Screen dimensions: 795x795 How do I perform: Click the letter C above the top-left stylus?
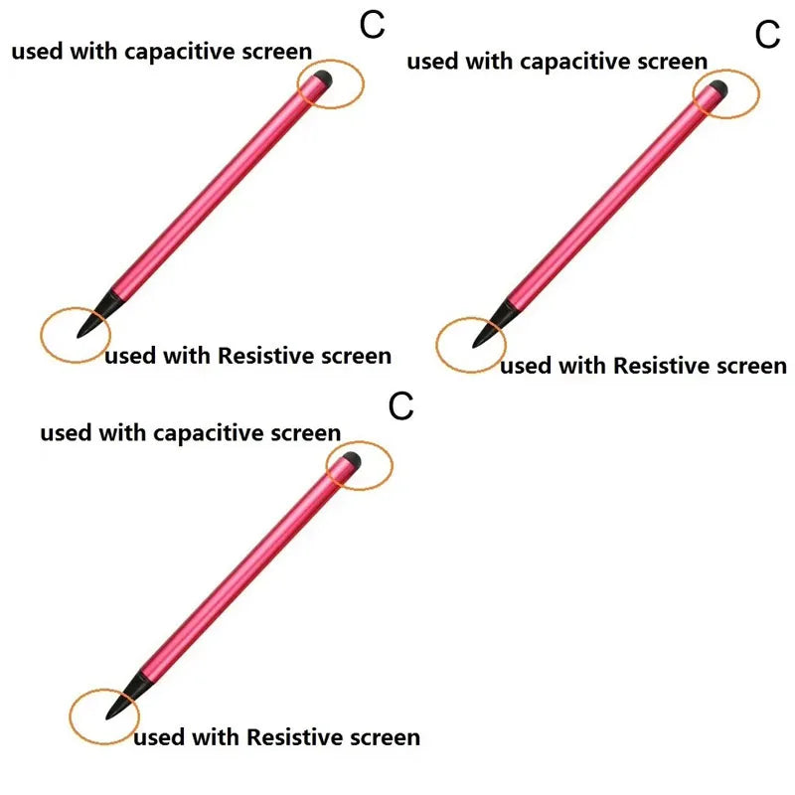coord(372,25)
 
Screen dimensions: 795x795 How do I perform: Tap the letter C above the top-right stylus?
coord(767,35)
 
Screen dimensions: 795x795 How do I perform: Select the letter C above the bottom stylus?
coord(401,406)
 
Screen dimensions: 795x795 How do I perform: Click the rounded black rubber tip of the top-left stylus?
coord(322,79)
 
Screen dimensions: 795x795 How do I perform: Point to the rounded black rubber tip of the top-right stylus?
coord(717,88)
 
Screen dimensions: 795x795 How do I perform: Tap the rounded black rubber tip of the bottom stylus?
coord(352,460)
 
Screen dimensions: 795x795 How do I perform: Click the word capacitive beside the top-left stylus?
coord(180,53)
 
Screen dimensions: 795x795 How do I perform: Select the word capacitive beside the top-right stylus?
coord(575,63)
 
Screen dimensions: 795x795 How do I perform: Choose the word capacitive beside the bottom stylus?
coord(209,434)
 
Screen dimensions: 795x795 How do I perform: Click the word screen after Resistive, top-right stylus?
coord(751,367)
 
